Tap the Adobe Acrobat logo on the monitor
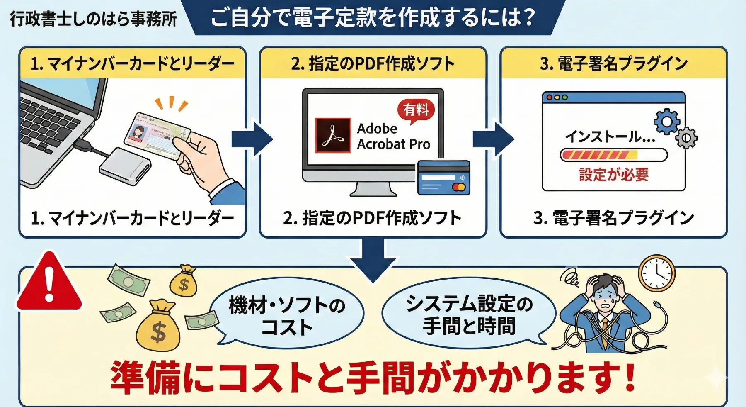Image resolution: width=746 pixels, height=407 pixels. (x=333, y=136)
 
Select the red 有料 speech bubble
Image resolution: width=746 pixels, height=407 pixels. (x=416, y=110)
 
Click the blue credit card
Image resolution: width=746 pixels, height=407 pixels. (x=443, y=178)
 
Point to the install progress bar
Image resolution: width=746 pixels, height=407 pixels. (x=613, y=155)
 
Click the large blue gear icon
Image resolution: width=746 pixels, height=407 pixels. (x=666, y=122)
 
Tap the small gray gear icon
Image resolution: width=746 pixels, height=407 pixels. (x=686, y=138)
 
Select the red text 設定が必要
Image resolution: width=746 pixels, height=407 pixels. (x=613, y=174)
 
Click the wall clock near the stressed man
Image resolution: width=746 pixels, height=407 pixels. (x=657, y=273)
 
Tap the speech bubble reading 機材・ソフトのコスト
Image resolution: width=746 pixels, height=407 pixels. (x=287, y=314)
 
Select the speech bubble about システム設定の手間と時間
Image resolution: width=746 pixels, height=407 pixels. (x=469, y=314)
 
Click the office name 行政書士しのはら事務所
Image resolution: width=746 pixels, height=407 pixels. (x=94, y=19)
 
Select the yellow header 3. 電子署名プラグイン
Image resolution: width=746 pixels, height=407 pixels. (x=613, y=63)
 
